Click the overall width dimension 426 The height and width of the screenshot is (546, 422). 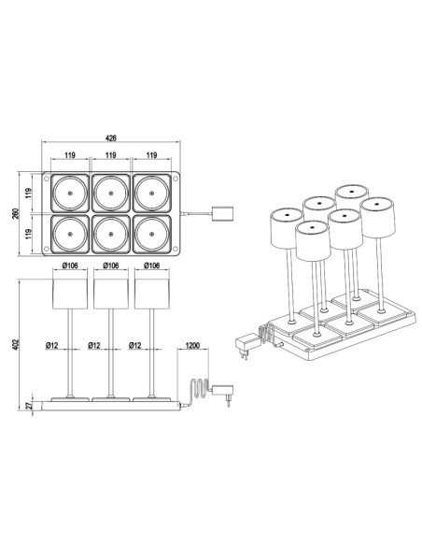click(111, 138)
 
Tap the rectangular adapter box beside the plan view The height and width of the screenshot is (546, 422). click(222, 213)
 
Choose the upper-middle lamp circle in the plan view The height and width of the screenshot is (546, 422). click(111, 193)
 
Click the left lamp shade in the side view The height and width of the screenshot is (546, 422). click(69, 293)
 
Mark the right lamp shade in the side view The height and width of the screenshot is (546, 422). click(153, 293)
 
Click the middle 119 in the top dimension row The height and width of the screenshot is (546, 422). click(111, 155)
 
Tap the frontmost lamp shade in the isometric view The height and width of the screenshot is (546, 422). click(311, 241)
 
